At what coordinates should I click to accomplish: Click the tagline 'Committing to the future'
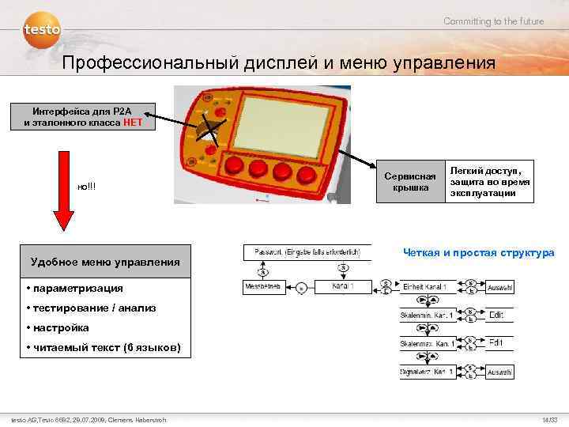pos(493,21)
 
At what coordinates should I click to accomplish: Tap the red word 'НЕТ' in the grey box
pos(133,123)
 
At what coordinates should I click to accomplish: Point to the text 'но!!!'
pos(86,187)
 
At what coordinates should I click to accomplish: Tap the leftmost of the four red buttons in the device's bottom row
pos(236,165)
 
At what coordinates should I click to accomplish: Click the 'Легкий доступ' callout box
pos(489,181)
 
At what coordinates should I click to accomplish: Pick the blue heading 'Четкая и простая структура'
pos(478,253)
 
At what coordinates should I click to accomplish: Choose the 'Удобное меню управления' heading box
pos(104,262)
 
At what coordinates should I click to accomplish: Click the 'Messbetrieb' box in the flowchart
pos(263,285)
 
